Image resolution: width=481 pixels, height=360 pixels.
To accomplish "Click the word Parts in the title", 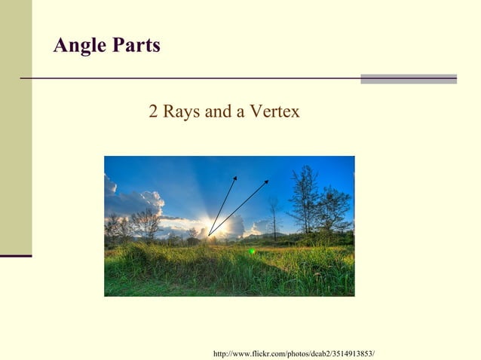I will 136,46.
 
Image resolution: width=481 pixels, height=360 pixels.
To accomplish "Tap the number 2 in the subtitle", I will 153,112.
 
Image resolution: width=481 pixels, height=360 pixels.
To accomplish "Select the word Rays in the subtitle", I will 180,112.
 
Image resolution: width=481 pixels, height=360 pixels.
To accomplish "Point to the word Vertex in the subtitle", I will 274,112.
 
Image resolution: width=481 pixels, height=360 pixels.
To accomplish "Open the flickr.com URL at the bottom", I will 294,353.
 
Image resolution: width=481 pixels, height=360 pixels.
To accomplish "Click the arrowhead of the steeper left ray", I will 235,178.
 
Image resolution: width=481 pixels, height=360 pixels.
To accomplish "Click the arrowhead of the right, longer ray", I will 266,182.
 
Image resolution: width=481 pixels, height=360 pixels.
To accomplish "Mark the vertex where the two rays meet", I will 209,236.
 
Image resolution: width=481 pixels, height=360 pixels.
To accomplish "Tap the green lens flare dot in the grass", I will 252,251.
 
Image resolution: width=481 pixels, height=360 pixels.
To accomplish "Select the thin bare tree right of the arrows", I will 273,215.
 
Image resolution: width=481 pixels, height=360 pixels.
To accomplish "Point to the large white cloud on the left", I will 136,202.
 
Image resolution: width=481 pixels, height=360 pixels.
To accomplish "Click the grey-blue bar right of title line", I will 408,78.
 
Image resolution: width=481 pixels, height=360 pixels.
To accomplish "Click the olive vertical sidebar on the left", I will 16,128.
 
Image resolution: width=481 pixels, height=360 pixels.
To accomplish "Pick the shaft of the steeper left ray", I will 222,206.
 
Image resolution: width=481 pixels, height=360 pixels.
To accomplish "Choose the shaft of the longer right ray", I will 238,208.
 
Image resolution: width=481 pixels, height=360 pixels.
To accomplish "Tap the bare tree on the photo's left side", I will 145,223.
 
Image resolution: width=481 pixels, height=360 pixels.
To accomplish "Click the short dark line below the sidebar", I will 16,256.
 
